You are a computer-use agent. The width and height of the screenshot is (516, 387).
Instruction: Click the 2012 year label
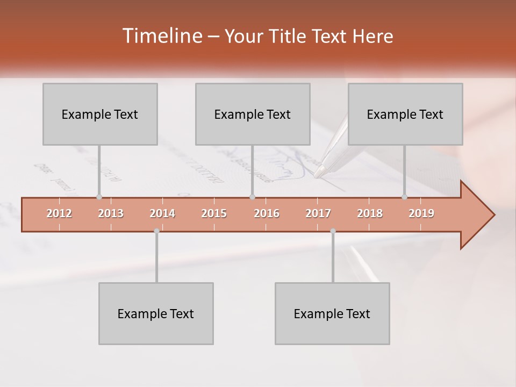(x=59, y=213)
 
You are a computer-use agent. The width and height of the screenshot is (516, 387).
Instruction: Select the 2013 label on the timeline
(x=111, y=213)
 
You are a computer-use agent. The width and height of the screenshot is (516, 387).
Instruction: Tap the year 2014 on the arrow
(x=162, y=213)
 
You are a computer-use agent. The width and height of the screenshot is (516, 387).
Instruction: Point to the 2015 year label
(x=214, y=213)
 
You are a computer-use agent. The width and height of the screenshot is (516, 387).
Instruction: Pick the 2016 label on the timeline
(x=267, y=213)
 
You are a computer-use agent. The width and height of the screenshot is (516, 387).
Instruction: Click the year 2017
(x=318, y=213)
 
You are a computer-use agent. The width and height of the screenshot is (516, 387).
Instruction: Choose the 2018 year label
(x=370, y=213)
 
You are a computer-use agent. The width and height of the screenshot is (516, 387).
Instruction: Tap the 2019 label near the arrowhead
(x=421, y=213)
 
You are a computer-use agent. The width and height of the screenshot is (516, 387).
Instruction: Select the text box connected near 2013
(x=100, y=114)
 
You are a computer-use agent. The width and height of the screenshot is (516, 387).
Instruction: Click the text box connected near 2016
(x=253, y=114)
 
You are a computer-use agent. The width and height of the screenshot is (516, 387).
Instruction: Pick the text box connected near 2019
(x=405, y=114)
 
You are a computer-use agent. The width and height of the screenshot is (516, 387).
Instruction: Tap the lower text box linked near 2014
(x=156, y=313)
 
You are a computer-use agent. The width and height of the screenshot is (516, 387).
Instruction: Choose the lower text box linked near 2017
(x=332, y=313)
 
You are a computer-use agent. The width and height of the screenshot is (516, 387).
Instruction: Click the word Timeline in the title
(x=161, y=36)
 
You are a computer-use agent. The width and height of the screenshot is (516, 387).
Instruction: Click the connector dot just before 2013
(x=99, y=197)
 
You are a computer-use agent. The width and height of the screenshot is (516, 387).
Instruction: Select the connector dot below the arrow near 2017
(x=333, y=231)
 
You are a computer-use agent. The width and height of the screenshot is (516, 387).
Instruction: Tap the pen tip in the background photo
(x=318, y=174)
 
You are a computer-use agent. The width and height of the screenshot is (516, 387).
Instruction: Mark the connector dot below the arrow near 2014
(x=156, y=231)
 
